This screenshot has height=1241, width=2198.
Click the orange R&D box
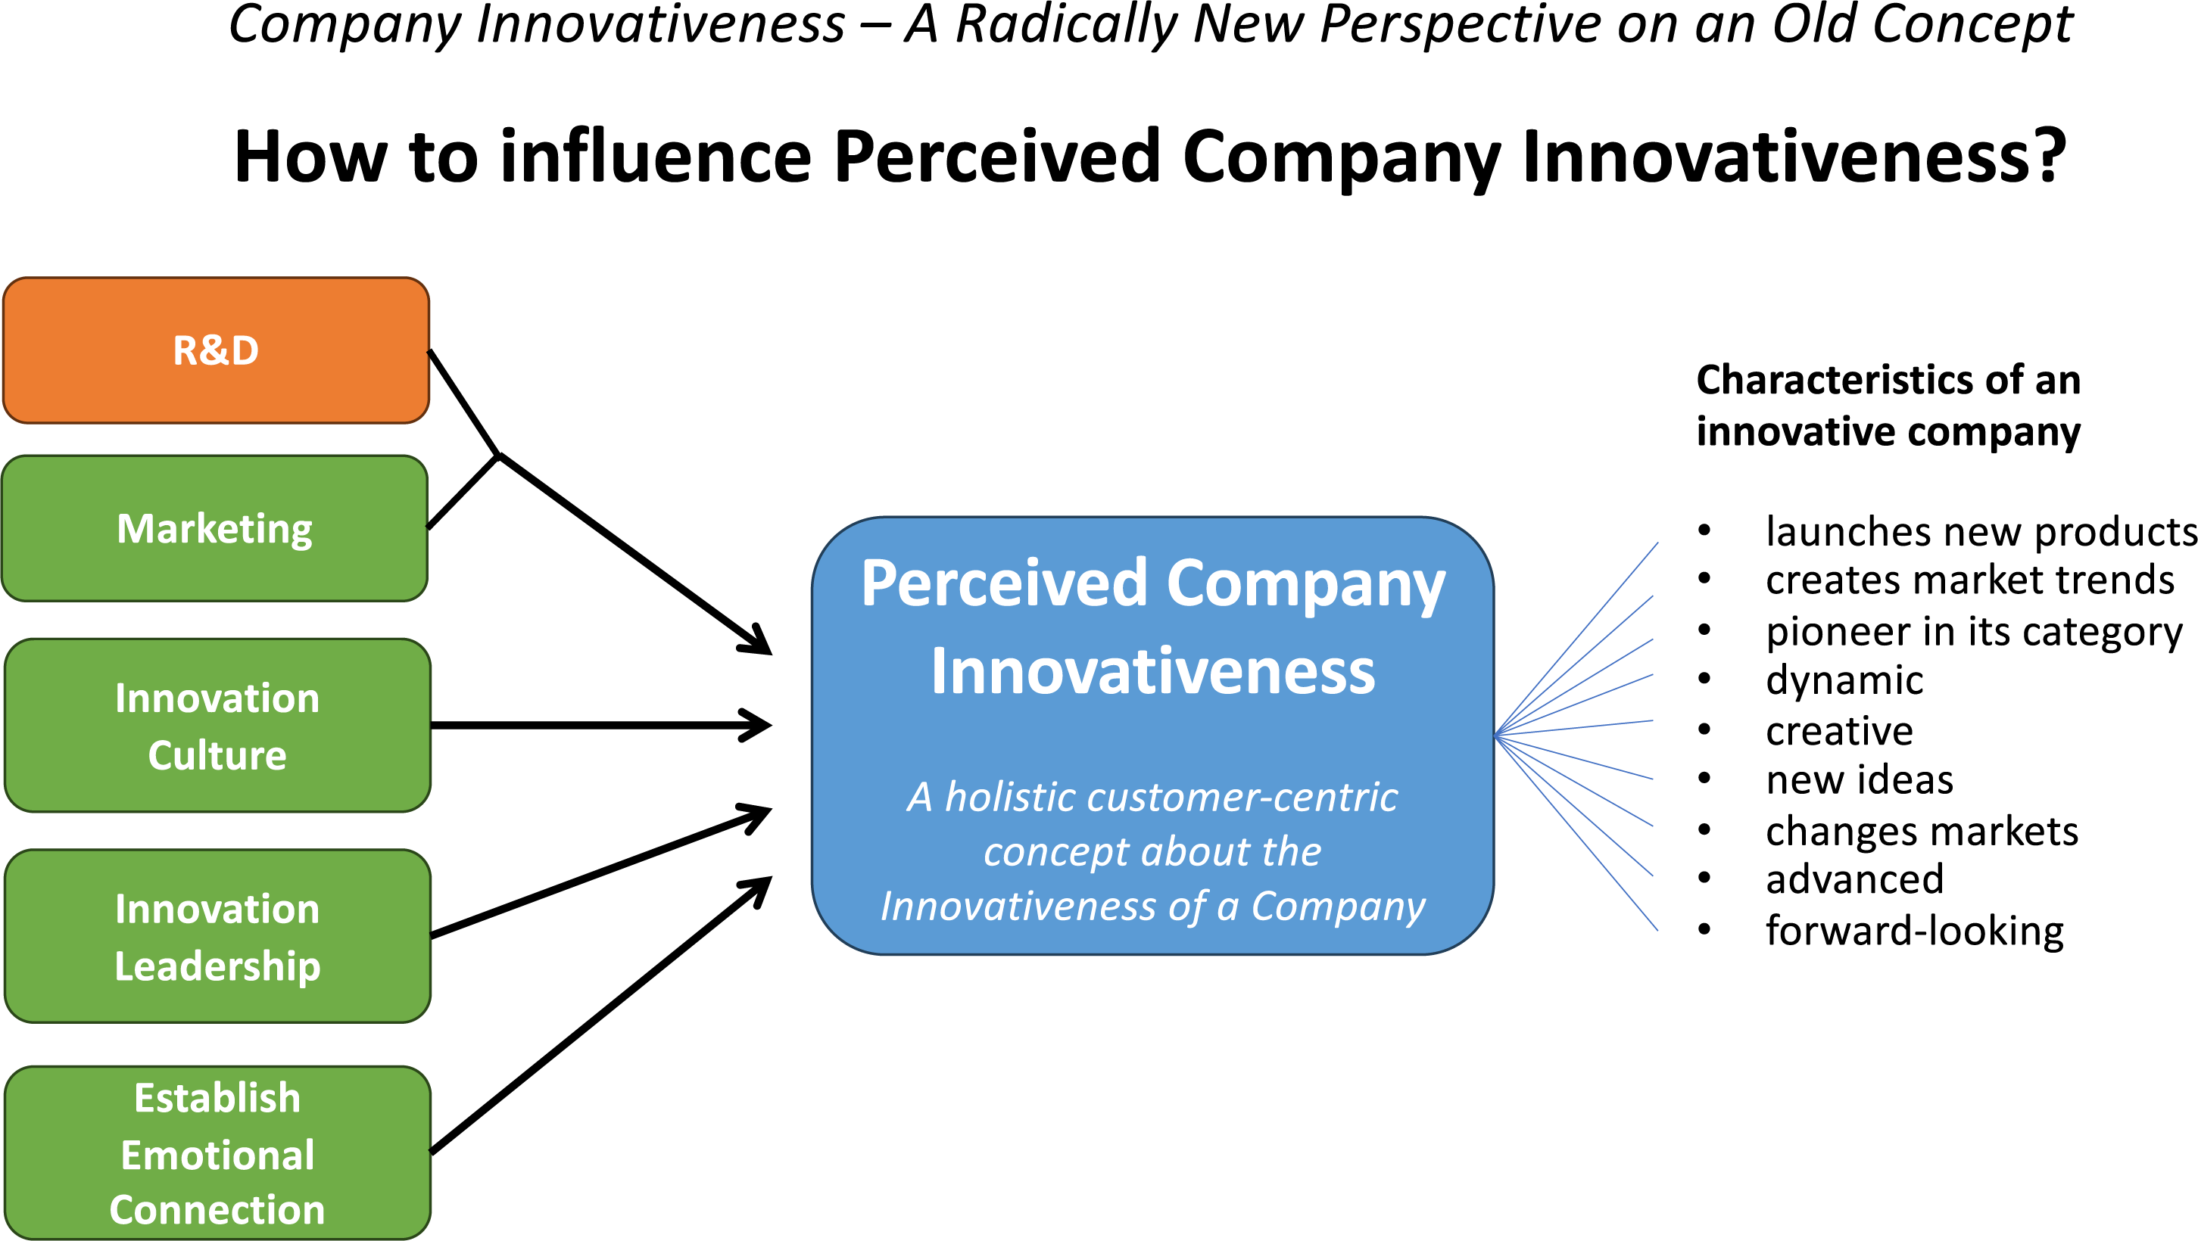(x=216, y=350)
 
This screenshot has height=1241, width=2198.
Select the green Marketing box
(x=215, y=529)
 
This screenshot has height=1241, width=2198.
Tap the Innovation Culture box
(x=217, y=726)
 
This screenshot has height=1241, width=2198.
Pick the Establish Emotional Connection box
(x=217, y=1153)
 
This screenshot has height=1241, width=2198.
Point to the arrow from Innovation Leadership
(x=601, y=872)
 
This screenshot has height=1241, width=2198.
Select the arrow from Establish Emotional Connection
(x=601, y=1015)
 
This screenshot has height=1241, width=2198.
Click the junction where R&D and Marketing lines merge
(x=499, y=456)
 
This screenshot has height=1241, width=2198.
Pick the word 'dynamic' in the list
(x=1844, y=680)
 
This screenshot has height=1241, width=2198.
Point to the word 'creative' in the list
(x=1840, y=731)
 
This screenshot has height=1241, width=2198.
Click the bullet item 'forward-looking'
(x=1915, y=931)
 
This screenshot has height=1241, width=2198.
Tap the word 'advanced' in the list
(x=1855, y=879)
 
